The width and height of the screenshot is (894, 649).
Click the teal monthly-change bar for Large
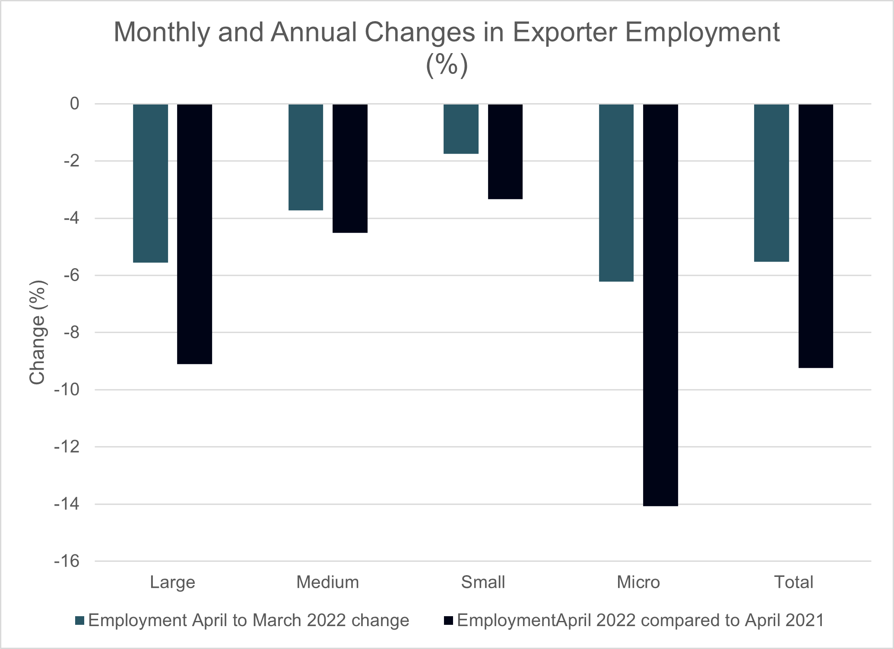[150, 183]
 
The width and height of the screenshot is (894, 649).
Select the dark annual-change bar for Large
[194, 234]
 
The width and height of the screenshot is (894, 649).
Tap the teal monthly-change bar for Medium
[306, 157]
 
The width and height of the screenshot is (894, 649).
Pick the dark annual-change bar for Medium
[350, 168]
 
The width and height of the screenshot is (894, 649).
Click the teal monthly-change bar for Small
[461, 129]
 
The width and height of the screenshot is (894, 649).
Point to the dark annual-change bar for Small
[505, 151]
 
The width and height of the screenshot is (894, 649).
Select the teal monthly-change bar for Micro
[616, 193]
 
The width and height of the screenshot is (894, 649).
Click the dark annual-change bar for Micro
[660, 305]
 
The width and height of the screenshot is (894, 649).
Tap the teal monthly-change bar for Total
[771, 183]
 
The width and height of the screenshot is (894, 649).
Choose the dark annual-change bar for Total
[815, 236]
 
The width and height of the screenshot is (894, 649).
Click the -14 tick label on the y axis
[67, 504]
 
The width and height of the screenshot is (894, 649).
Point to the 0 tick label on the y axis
[75, 104]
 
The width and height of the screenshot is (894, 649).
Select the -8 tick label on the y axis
[71, 332]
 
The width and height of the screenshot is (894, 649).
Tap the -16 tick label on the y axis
[67, 561]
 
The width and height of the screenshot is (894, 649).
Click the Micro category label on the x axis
[638, 582]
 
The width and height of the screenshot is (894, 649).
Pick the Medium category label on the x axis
[327, 582]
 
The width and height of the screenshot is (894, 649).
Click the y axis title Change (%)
[38, 332]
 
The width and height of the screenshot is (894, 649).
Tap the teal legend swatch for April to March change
[79, 621]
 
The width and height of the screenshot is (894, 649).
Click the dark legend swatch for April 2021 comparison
[448, 621]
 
